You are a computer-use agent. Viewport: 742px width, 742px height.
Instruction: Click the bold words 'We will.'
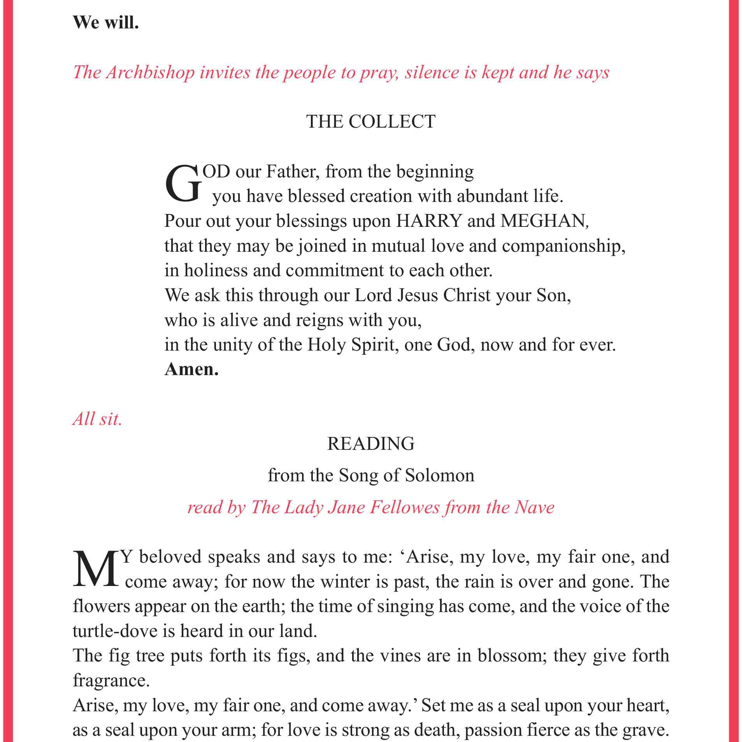pyautogui.click(x=105, y=23)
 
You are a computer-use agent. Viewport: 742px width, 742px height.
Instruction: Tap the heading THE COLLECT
pyautogui.click(x=370, y=122)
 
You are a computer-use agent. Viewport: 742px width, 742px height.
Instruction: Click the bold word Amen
pyautogui.click(x=191, y=369)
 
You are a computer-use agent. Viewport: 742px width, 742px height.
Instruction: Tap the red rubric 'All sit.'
pyautogui.click(x=97, y=419)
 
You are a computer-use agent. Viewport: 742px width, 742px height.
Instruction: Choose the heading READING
pyautogui.click(x=371, y=444)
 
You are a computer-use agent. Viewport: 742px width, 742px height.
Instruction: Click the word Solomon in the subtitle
pyautogui.click(x=439, y=475)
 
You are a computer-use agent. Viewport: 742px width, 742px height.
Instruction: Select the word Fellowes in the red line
pyautogui.click(x=404, y=507)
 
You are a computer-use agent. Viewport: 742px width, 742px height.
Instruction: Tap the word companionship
pyautogui.click(x=563, y=246)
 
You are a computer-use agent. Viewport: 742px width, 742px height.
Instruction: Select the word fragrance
pyautogui.click(x=111, y=681)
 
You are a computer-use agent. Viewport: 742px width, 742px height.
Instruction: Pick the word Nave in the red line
pyautogui.click(x=534, y=507)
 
